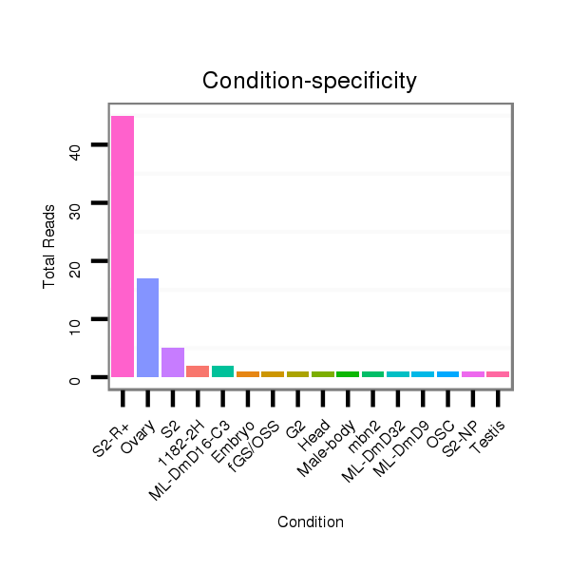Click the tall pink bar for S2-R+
123,246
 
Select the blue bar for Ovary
147,328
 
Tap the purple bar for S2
172,362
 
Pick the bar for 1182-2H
198,371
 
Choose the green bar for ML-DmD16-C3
222,371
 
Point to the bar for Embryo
247,374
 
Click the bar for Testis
498,374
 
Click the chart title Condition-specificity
310,82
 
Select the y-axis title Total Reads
48,246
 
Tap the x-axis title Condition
310,522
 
